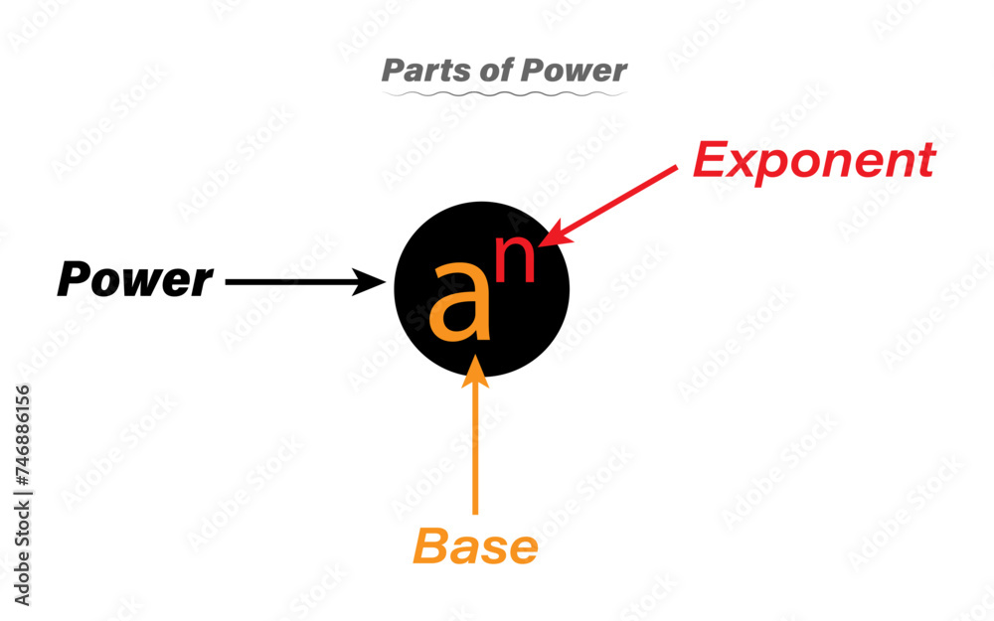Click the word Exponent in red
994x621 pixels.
(x=813, y=160)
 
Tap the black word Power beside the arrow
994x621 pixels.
(x=135, y=281)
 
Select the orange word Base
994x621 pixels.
(x=475, y=547)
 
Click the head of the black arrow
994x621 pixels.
(x=377, y=282)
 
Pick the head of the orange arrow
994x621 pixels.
(x=477, y=365)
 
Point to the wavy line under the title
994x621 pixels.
(x=505, y=93)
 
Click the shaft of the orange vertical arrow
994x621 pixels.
(x=477, y=447)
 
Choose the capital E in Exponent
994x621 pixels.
(x=711, y=159)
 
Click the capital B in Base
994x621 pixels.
(x=431, y=547)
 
